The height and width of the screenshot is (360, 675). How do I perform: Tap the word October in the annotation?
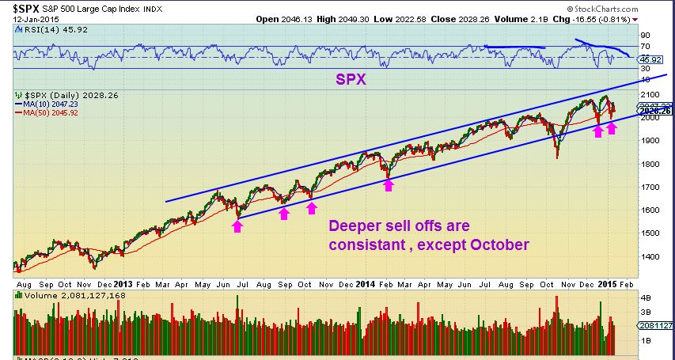click(499, 245)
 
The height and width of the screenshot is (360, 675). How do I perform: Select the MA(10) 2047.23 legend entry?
click(47, 104)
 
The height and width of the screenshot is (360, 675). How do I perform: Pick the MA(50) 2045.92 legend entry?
click(47, 112)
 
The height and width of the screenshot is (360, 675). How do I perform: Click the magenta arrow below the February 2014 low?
click(389, 184)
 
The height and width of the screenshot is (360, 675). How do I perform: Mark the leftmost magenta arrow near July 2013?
click(237, 225)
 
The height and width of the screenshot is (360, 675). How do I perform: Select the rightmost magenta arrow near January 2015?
click(612, 127)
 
